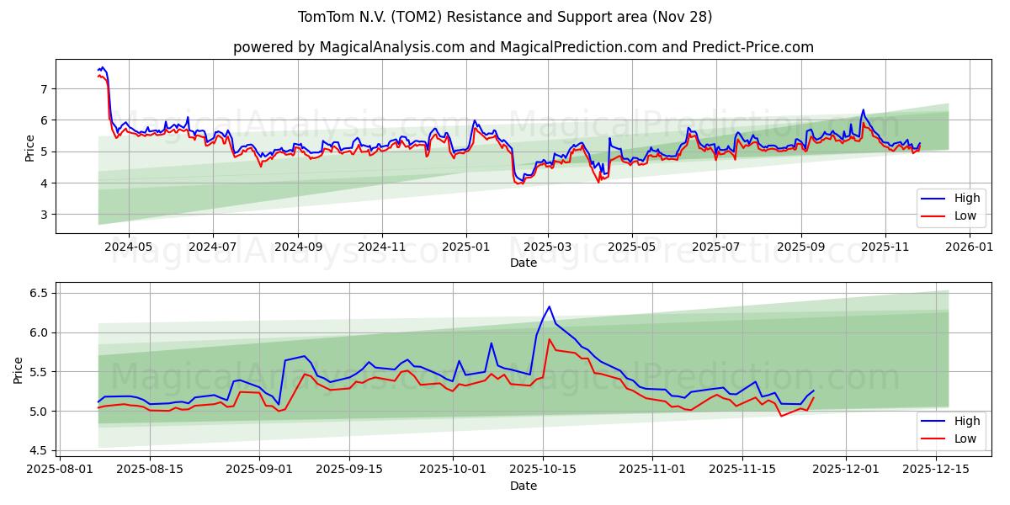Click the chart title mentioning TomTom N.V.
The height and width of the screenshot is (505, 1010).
[505, 17]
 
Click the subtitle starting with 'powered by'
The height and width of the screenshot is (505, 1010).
[523, 47]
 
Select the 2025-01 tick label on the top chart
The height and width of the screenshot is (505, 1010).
[465, 248]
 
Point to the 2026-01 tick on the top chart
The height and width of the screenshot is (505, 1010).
[970, 248]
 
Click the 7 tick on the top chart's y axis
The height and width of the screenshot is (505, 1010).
[43, 88]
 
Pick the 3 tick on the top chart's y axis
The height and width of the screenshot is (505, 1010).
[43, 215]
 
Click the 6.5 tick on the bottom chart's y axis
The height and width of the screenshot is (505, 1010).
[38, 293]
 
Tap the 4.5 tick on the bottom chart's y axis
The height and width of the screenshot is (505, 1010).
[38, 450]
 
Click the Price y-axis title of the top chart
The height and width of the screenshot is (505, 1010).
[30, 147]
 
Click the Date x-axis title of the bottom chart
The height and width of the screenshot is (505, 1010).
[523, 486]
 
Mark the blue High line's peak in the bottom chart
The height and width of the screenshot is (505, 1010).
[549, 306]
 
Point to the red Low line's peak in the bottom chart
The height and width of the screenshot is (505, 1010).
[550, 339]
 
